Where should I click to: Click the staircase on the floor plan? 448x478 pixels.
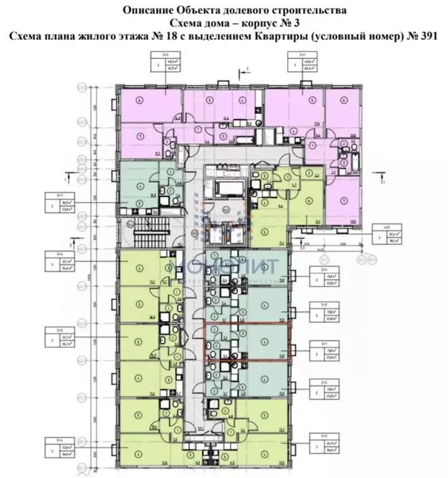point(152,230)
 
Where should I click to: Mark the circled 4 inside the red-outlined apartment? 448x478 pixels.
point(266,340)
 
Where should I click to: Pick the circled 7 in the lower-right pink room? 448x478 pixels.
point(345,200)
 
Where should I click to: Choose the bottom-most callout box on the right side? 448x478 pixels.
point(324,429)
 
